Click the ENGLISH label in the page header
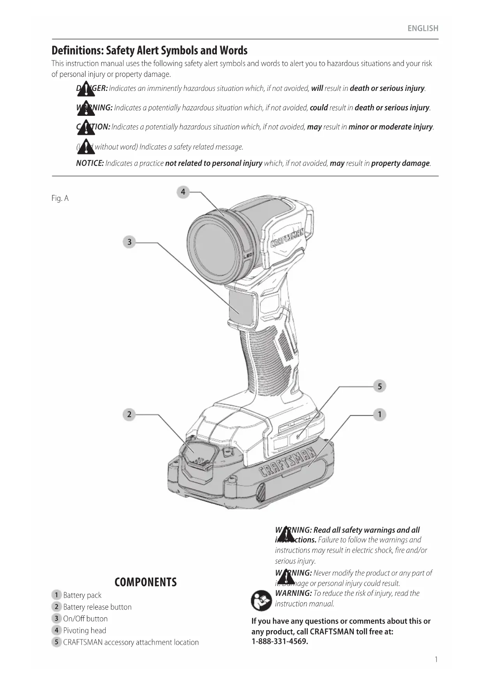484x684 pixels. (423, 28)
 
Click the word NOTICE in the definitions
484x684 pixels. (90, 163)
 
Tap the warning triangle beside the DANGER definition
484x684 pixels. (86, 89)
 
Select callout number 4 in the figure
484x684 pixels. (183, 192)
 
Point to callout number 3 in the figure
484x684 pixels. (129, 242)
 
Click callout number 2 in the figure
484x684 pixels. (129, 414)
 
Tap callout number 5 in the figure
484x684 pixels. (379, 386)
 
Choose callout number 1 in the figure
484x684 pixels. (379, 414)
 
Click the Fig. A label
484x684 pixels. (60, 198)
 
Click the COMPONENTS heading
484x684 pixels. (145, 582)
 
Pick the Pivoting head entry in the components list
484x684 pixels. (85, 631)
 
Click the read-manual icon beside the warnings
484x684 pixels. (261, 601)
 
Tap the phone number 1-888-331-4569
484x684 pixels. (280, 642)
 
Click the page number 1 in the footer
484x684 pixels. (436, 659)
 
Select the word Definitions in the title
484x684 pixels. (77, 51)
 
